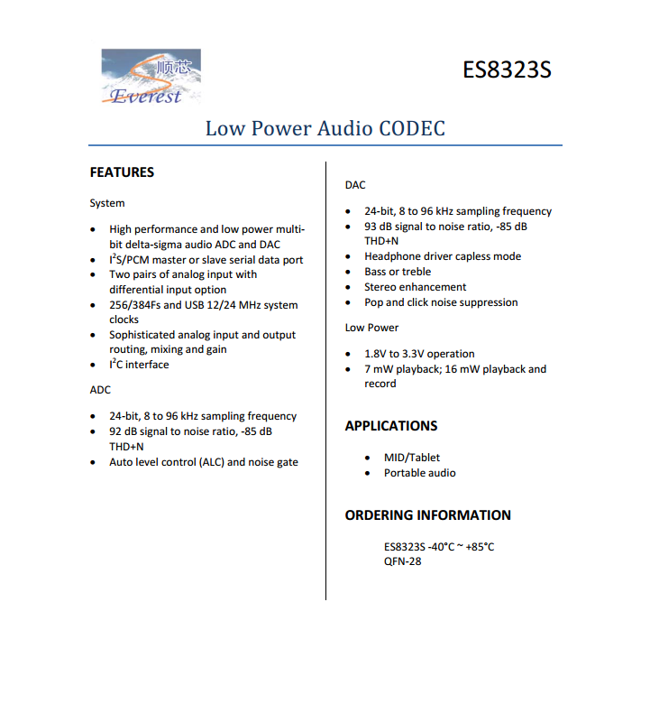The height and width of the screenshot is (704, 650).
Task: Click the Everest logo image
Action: [150, 76]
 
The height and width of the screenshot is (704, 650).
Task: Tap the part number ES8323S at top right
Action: [507, 69]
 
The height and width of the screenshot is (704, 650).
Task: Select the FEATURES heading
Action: [122, 172]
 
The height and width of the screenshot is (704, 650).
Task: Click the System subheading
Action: [107, 203]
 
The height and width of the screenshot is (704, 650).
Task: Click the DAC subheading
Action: [355, 185]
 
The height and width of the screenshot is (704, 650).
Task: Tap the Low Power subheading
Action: [371, 328]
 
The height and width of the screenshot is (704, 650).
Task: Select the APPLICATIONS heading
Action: [391, 426]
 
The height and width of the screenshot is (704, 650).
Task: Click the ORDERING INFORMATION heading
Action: [427, 515]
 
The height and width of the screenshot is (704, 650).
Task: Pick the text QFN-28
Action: [402, 561]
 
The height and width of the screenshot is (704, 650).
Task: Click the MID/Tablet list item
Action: [412, 458]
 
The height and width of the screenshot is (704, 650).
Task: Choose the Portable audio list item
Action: [419, 473]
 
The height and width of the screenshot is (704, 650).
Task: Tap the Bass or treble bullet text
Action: [398, 272]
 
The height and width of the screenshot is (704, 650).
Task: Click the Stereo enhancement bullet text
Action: [415, 287]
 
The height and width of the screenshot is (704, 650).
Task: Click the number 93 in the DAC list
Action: [371, 227]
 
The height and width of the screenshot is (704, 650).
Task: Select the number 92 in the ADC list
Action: [116, 431]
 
